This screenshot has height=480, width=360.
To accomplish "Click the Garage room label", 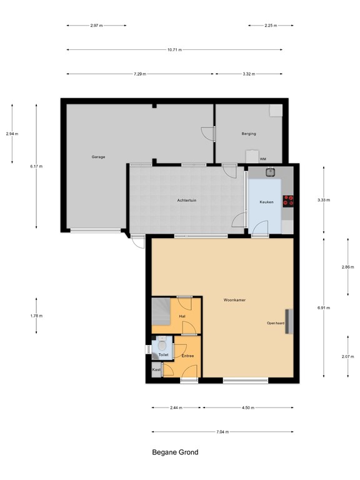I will click(98, 156).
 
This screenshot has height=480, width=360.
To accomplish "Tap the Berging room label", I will click(249, 134).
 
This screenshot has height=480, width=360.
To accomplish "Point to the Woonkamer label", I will click(234, 300).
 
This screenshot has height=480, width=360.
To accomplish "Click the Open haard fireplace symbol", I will click(288, 322).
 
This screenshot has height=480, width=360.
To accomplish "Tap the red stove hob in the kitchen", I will click(288, 201).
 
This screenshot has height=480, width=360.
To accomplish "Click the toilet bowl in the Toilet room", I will click(161, 343).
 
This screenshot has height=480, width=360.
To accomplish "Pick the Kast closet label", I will click(156, 370).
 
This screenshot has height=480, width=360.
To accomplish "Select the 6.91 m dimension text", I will click(324, 307).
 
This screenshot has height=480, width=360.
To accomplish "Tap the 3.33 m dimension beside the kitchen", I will click(324, 200).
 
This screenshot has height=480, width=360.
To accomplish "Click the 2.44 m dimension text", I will click(176, 407).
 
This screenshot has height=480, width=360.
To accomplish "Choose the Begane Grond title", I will click(175, 452).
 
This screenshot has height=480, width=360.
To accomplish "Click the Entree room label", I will click(187, 356).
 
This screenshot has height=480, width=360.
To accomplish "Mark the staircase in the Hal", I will click(161, 311).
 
